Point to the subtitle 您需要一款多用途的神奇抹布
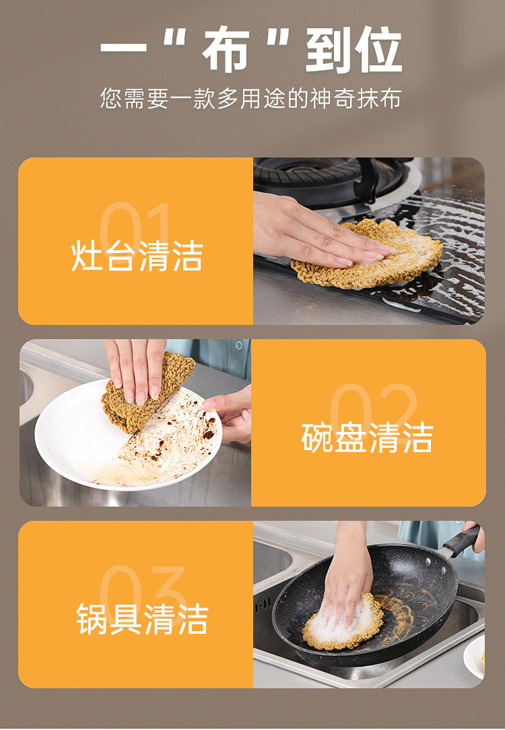point(250,99)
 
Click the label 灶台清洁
point(137,256)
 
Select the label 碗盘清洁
point(367,437)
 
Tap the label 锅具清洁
point(142,619)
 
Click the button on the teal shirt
point(238,345)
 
